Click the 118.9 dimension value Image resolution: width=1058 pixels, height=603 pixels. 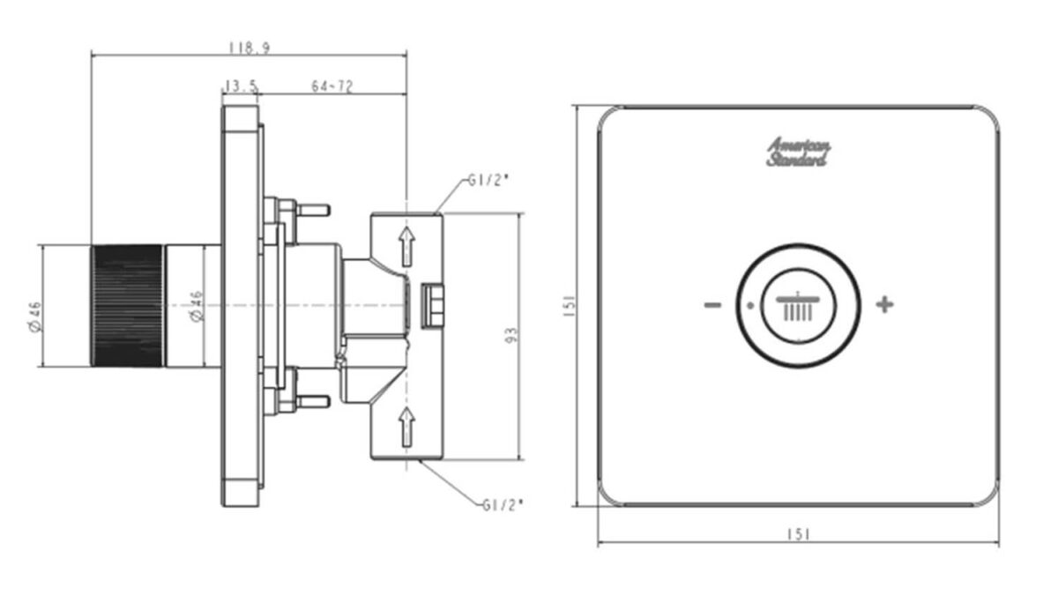(250, 48)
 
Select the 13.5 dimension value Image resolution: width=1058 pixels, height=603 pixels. (241, 86)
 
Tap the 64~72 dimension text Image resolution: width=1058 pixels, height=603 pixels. (332, 86)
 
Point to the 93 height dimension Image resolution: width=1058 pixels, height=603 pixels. (512, 335)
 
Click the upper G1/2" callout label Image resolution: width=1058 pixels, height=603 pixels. (488, 181)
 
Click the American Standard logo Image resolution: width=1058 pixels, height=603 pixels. (797, 152)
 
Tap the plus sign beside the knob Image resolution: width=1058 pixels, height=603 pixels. (884, 304)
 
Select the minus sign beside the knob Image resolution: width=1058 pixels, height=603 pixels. (712, 305)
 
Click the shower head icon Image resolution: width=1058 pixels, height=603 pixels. (798, 307)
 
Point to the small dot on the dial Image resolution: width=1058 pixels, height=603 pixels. (750, 306)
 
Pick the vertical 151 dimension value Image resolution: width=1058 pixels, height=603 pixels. (570, 306)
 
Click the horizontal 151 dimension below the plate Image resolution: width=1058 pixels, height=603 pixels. (799, 534)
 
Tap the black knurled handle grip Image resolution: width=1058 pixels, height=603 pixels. (128, 306)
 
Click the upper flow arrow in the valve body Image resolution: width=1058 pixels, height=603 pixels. (406, 247)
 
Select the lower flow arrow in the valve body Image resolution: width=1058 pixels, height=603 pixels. (406, 428)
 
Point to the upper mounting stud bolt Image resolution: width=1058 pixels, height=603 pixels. (313, 210)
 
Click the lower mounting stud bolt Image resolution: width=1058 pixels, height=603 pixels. (313, 402)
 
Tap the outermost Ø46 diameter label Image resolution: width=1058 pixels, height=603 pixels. (36, 316)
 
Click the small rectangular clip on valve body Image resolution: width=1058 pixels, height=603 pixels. (433, 306)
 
